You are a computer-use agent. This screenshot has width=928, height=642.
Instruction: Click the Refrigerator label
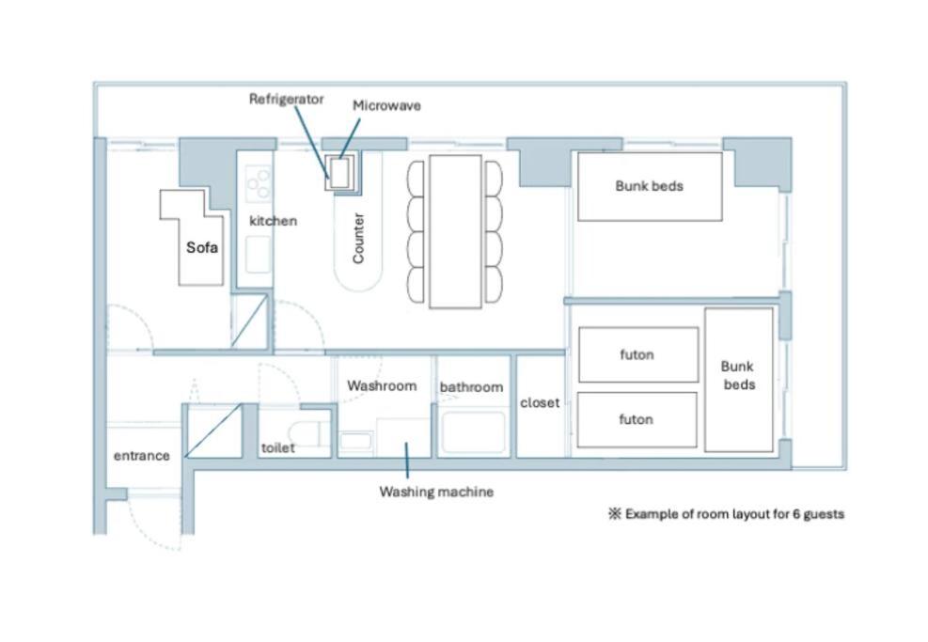(286, 99)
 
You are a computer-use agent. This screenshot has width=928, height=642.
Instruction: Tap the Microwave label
(386, 105)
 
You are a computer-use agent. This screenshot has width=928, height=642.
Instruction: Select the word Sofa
(202, 247)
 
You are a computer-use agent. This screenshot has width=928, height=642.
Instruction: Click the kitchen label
(273, 221)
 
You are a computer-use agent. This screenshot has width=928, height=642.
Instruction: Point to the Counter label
(358, 238)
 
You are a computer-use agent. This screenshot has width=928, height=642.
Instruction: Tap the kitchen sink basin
(258, 255)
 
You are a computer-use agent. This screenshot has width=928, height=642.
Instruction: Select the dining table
(455, 231)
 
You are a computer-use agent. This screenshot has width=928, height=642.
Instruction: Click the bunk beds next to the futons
(739, 380)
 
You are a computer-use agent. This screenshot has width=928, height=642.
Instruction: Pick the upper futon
(638, 354)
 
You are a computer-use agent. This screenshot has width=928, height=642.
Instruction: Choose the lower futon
(637, 419)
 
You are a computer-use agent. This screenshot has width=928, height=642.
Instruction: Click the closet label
(540, 403)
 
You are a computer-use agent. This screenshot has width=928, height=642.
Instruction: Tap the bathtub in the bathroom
(474, 433)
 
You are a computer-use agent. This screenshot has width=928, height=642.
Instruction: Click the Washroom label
(382, 385)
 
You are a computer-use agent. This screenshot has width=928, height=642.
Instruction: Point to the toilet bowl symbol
(306, 433)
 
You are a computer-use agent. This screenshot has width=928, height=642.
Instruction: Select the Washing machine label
(436, 492)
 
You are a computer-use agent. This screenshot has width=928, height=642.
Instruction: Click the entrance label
(141, 456)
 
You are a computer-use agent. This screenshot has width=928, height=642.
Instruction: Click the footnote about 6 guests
(726, 513)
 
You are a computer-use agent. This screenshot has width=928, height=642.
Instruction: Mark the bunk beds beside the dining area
(650, 186)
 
